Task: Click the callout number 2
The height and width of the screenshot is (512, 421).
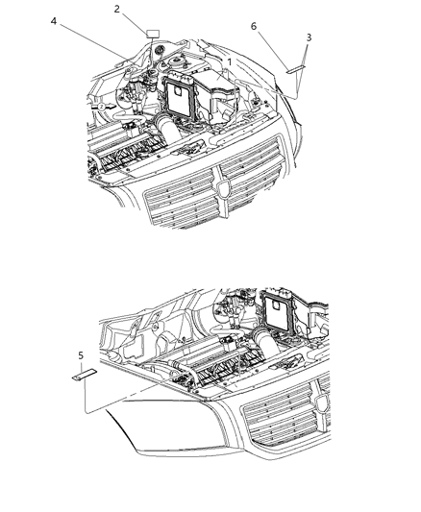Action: point(117,9)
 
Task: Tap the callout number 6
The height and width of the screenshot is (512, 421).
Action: point(254,27)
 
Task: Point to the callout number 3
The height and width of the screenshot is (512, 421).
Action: point(309,37)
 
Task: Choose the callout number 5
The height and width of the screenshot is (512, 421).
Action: point(80,355)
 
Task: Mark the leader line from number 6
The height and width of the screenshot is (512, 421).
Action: point(271,48)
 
